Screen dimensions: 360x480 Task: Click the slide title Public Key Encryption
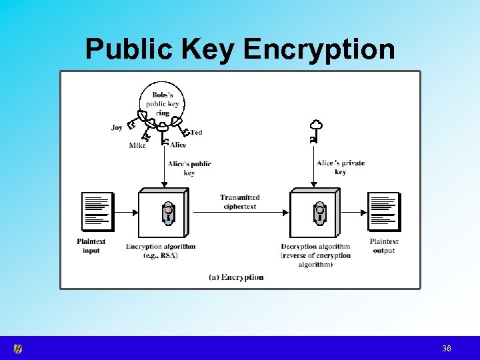coord(240,49)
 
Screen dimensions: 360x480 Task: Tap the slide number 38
coord(447,349)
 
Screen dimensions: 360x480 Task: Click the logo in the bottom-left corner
coord(18,348)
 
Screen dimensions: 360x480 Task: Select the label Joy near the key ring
coord(117,127)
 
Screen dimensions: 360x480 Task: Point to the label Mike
coord(137,145)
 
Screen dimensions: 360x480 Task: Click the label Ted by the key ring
coord(196,133)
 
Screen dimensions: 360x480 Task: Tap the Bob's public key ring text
coord(163,104)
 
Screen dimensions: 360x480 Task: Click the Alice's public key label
coord(189,168)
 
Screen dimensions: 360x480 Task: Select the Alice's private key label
coord(341,167)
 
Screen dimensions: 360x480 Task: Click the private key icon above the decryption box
coord(315,131)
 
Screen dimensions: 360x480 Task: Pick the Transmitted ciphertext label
coord(240,202)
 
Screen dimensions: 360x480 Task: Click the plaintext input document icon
coord(97,211)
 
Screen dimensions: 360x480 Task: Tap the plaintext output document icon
coord(383,211)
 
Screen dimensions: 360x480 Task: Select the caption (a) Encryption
coord(236,277)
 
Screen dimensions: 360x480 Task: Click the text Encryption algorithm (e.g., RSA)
coord(161,251)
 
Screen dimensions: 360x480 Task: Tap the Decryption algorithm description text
coord(315,255)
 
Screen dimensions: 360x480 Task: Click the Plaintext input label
coord(91,246)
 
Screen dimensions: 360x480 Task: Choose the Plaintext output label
coord(384,246)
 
